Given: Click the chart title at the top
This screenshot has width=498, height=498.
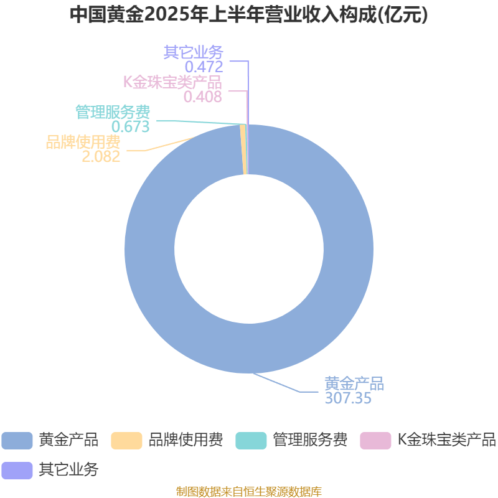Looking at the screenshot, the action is coord(248,14).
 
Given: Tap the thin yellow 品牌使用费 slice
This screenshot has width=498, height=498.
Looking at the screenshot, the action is coord(243,149).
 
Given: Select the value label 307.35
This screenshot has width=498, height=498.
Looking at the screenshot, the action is coord(348,398).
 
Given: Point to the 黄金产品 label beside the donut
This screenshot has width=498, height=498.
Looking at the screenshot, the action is coord(354,383).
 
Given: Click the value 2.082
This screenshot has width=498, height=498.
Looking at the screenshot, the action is coord(101,156).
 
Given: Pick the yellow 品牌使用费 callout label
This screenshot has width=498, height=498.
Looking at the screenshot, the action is coord(83,142).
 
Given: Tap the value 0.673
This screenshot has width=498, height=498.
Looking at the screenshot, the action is coord(131,126).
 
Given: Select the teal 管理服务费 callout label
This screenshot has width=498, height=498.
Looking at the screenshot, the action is coord(113,112).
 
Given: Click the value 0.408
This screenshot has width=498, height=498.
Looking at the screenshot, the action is coord(203,96).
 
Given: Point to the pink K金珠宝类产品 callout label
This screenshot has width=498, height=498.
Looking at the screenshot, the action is coord(172,82).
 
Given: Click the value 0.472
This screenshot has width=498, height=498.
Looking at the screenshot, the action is coord(204,67).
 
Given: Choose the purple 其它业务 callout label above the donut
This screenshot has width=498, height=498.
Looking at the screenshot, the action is coord(194,52).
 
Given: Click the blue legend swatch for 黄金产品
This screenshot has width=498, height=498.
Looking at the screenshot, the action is coord(17,441).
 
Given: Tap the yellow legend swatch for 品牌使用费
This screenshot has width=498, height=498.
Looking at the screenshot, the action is coord(126,441).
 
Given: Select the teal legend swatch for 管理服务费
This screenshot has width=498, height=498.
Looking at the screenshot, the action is coord(251,441).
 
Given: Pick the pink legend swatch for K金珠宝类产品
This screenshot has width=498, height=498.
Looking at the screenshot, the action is coord(375,441).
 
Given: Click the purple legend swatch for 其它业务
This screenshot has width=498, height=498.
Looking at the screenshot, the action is coord(17,471).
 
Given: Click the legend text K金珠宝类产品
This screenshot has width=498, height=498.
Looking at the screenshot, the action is coord(447,440).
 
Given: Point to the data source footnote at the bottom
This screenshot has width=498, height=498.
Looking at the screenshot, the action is coord(249,491).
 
